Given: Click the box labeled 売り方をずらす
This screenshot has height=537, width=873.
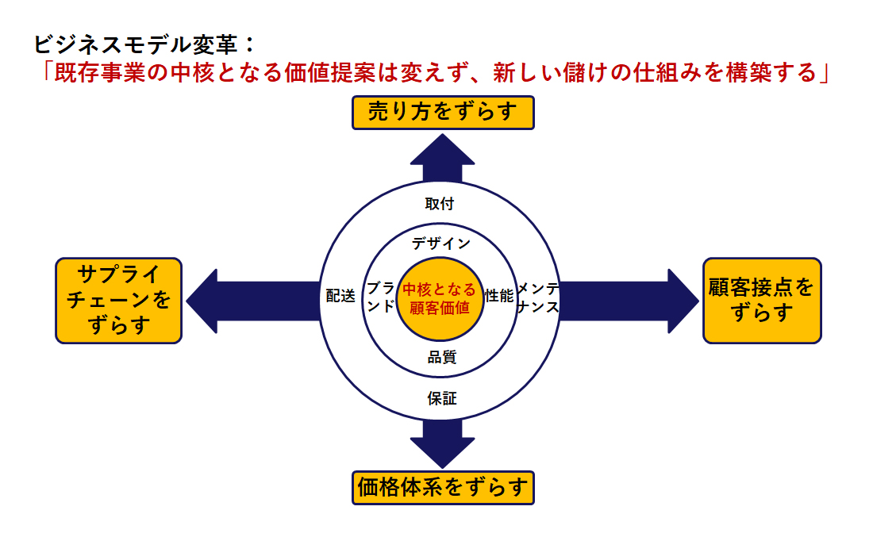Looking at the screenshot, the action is [443, 113].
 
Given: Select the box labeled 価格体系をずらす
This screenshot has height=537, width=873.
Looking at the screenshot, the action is [443, 488].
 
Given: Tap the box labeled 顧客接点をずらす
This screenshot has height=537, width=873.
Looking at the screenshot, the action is [762, 301].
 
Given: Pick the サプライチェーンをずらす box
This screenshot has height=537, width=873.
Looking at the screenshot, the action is [118, 301].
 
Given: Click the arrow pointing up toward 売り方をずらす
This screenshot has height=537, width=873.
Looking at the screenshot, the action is [443, 158].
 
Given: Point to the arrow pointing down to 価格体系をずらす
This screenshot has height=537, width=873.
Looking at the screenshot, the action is [443, 443].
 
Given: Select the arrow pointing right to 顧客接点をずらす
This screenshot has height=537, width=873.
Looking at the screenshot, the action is [629, 301].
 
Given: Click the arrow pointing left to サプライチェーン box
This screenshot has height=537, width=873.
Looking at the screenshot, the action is [253, 301].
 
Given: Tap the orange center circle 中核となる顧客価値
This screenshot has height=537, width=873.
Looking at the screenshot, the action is [440, 299].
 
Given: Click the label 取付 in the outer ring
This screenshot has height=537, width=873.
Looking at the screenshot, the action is [440, 204].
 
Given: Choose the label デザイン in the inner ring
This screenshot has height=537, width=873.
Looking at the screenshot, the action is [441, 244].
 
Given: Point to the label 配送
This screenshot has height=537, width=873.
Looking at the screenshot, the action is [340, 296].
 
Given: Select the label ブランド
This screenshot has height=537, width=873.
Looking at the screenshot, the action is [381, 297].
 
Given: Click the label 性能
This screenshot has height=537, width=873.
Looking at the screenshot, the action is [499, 296].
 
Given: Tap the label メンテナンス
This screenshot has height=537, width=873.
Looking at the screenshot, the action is [538, 297].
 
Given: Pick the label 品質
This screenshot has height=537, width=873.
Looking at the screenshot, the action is [442, 357].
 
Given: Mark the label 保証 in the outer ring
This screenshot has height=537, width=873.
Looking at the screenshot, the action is [442, 398].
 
